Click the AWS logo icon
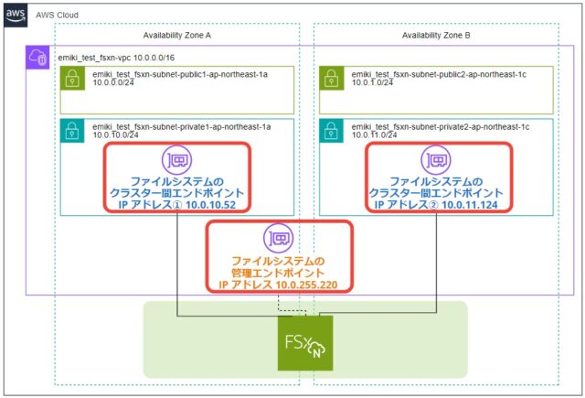click(x=16, y=16)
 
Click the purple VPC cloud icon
click(x=38, y=58)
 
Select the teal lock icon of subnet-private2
click(x=330, y=130)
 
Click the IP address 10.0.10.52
click(x=207, y=206)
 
